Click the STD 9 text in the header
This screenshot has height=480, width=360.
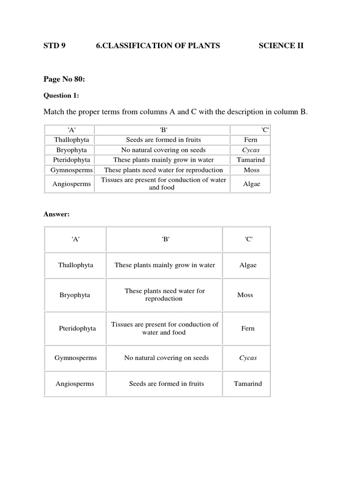55,45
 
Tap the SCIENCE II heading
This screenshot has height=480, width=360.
281,45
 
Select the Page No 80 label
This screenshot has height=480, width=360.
64,80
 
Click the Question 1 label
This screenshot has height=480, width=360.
61,96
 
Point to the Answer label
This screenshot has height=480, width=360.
56,214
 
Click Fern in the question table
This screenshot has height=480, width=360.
251,140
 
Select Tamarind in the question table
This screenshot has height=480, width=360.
251,159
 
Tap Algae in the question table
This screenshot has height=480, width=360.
251,184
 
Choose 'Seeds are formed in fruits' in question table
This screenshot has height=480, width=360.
162,140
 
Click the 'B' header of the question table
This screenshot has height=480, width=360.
162,130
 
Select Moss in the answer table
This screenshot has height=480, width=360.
245,295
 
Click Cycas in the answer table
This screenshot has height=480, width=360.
248,358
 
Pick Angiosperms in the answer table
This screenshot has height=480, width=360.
75,383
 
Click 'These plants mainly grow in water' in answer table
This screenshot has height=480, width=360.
165,265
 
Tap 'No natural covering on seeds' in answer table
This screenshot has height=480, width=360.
166,358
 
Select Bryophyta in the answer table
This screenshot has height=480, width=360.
75,295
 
